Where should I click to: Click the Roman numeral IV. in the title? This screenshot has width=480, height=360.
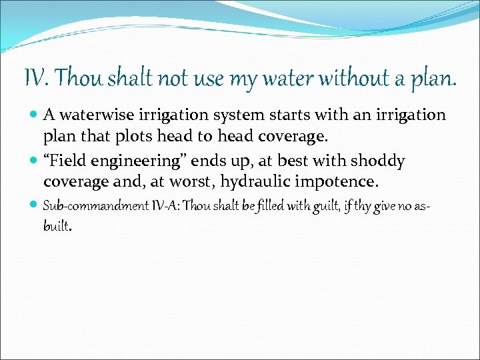point(37,79)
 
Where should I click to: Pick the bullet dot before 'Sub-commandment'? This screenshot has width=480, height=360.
point(34,206)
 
